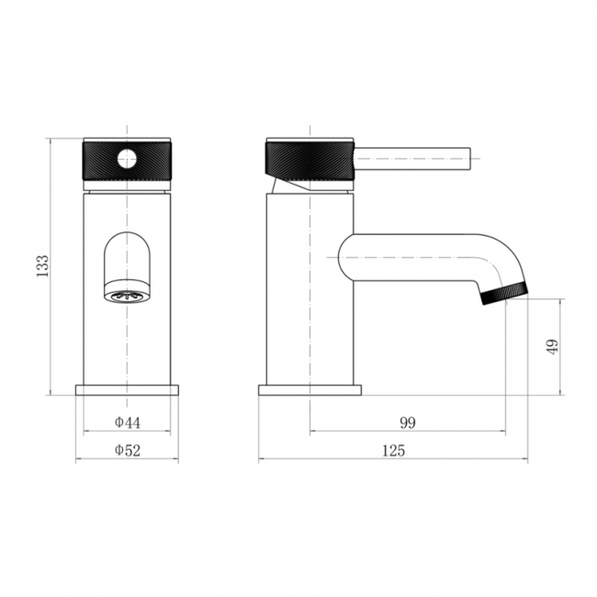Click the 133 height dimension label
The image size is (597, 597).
click(x=42, y=265)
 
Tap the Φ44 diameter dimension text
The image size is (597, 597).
click(x=128, y=422)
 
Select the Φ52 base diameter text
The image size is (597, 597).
click(x=128, y=450)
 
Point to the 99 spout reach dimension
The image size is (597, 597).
click(x=408, y=422)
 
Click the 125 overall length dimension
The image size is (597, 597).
click(x=394, y=451)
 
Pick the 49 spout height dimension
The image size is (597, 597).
click(x=553, y=346)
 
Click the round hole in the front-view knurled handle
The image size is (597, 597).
click(x=127, y=159)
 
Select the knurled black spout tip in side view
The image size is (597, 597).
click(x=505, y=293)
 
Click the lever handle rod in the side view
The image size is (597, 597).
click(x=412, y=158)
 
